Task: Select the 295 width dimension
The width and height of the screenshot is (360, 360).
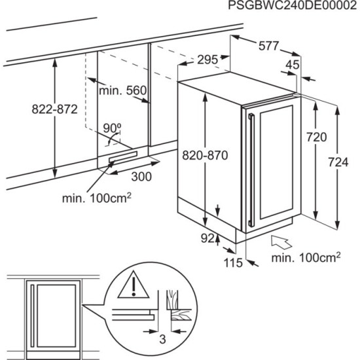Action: (x=206, y=60)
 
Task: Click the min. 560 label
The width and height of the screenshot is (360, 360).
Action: (x=122, y=90)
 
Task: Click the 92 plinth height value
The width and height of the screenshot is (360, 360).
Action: (x=207, y=238)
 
